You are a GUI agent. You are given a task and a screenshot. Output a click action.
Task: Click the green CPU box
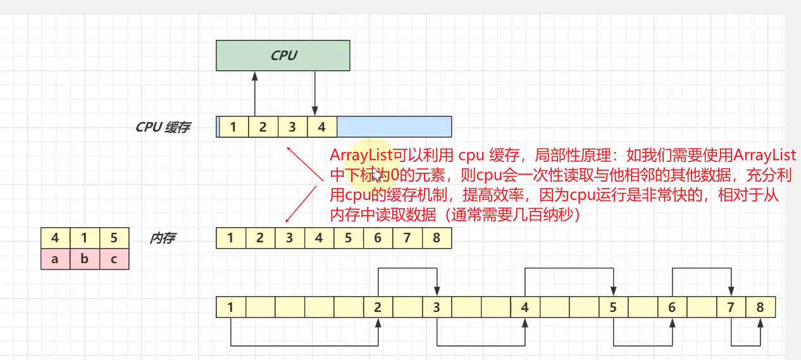283,56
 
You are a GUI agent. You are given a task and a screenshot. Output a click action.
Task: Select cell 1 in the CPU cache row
233,127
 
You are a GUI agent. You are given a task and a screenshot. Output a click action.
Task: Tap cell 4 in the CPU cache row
322,127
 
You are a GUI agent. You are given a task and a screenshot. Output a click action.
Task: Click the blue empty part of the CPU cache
394,127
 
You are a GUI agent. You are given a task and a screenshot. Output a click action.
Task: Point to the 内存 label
163,239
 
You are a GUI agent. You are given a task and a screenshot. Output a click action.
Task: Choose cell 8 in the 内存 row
437,239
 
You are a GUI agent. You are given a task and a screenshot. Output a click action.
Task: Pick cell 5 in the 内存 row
349,239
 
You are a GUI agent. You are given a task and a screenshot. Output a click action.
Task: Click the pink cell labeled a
55,259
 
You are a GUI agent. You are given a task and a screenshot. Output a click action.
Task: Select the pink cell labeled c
114,259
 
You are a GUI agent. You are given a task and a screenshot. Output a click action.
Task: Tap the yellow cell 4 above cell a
55,239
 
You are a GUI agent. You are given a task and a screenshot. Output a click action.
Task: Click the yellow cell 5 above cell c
114,239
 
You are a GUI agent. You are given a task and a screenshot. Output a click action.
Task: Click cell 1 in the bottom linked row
231,308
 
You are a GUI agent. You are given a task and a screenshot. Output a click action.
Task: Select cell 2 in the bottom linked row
378,308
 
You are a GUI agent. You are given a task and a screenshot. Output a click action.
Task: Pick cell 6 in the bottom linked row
672,308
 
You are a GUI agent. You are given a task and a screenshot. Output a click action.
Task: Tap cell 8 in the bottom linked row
760,308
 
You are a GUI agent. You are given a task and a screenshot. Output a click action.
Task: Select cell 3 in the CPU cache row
292,127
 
